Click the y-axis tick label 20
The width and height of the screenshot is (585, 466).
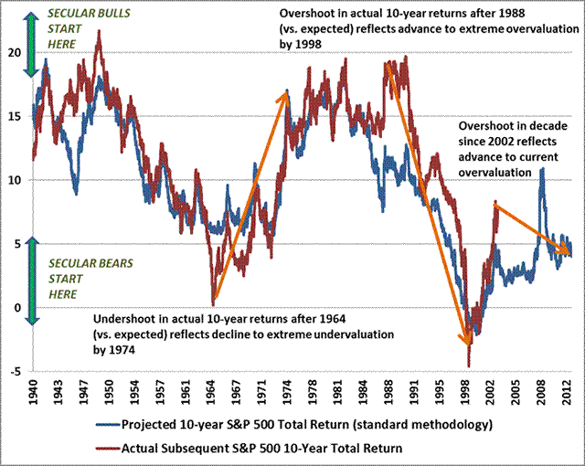(16, 53)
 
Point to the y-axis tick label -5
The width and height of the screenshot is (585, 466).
(15, 371)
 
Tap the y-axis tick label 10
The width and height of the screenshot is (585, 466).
(16, 180)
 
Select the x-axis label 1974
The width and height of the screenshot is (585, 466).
(287, 392)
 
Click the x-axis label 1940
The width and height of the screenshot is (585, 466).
(33, 392)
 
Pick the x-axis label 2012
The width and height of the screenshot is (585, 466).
(568, 392)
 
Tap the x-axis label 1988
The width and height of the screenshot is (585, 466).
(389, 392)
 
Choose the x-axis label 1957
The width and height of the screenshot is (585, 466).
(160, 392)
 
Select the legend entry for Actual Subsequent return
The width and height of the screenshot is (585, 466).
(249, 448)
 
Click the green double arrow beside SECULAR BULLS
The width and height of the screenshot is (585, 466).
(32, 44)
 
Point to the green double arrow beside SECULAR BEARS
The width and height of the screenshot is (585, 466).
(33, 281)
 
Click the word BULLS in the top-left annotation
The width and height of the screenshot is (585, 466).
(112, 14)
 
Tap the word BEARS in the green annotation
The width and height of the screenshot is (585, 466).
(116, 263)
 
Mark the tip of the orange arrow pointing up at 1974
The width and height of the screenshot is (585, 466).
(286, 91)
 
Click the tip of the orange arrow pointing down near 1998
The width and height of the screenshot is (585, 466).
(467, 345)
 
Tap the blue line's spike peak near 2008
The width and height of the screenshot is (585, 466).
(542, 168)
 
